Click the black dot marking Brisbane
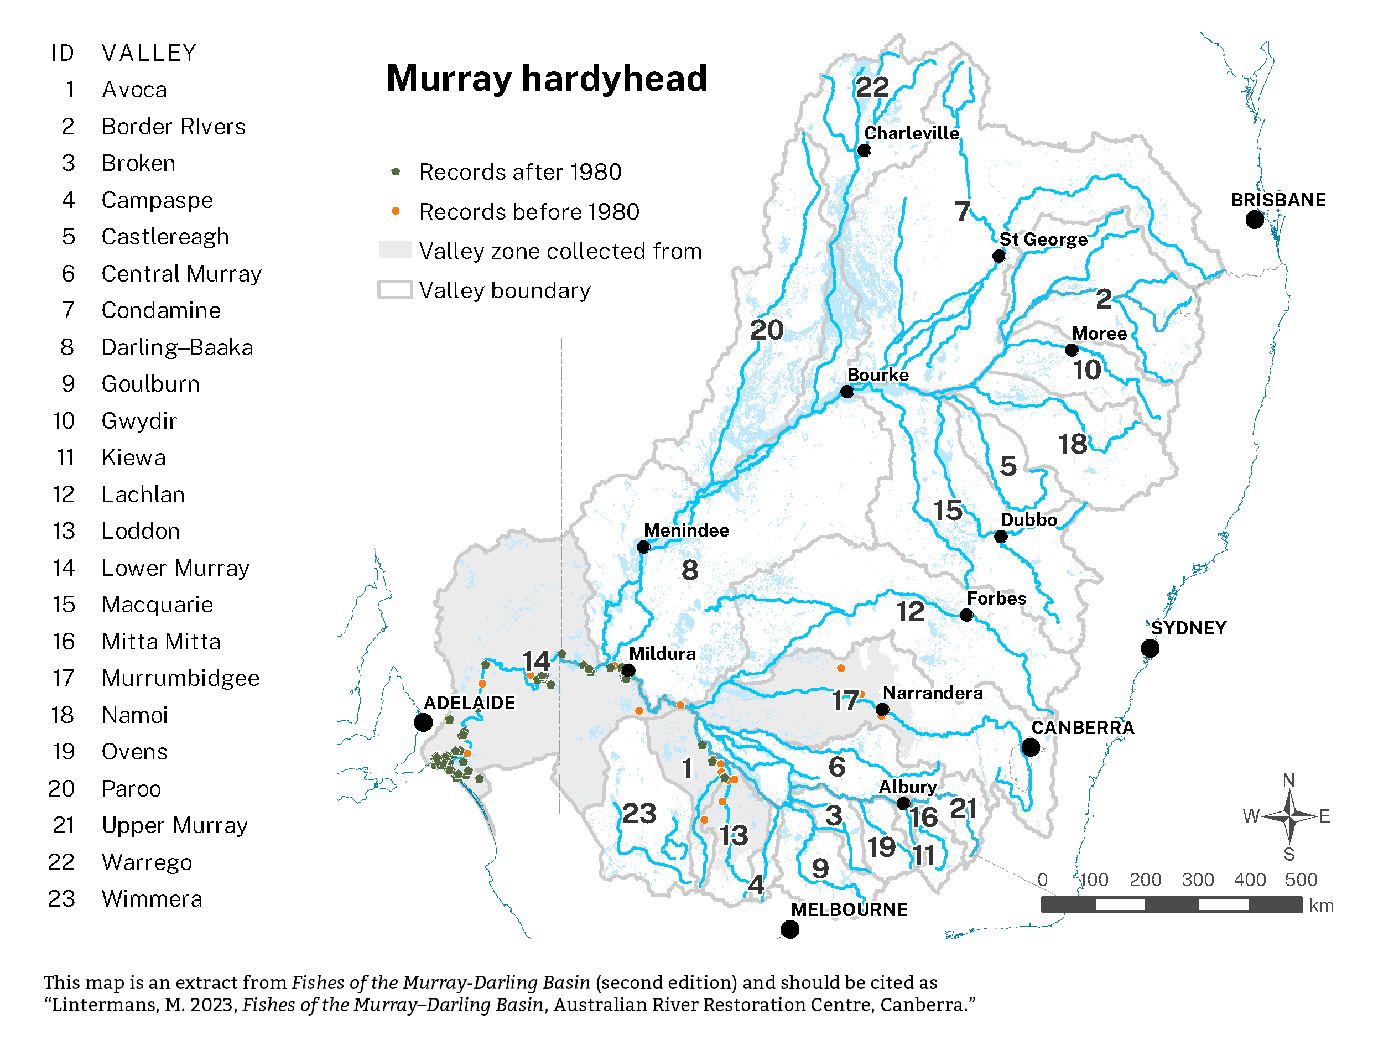tap(1254, 220)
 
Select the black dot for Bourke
tap(846, 392)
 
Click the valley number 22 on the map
tap(871, 87)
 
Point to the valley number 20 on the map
tap(766, 330)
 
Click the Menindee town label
tap(686, 530)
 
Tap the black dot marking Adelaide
tap(424, 722)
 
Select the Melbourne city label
tap(849, 909)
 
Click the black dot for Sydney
tap(1150, 648)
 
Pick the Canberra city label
tap(1082, 727)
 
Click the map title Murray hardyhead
tap(546, 78)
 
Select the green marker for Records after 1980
tap(396, 171)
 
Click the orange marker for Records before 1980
tap(396, 211)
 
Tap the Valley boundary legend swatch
tap(395, 290)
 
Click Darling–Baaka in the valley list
tap(177, 347)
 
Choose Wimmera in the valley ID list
tap(152, 899)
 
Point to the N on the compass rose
tap(1288, 780)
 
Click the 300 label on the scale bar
tap(1197, 880)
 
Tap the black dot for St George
tap(999, 256)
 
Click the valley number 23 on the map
tap(638, 814)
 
